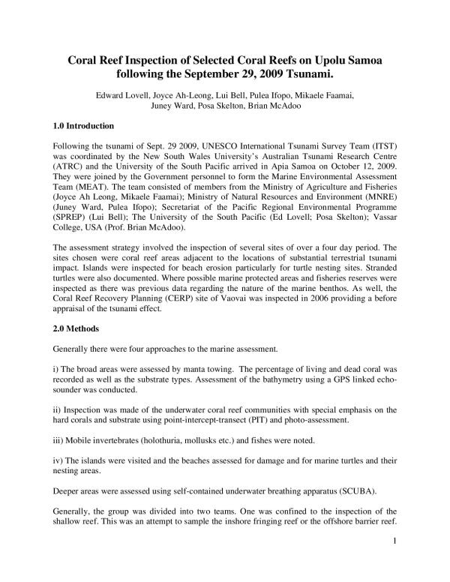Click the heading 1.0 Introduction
(83, 125)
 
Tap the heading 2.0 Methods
(73, 327)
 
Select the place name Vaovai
(223, 305)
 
